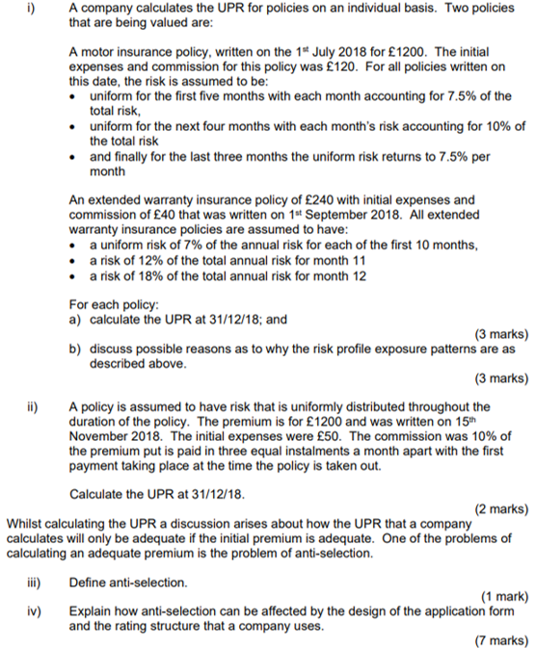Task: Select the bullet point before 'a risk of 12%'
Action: [75, 261]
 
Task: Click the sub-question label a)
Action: [75, 320]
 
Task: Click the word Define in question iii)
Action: [89, 582]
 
